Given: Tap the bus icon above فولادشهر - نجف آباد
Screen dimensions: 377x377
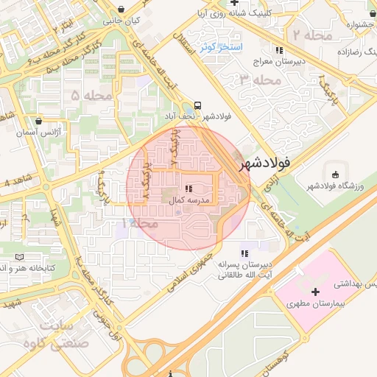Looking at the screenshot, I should pyautogui.click(x=198, y=105).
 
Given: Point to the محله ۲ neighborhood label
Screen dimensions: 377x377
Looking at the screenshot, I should pyautogui.click(x=311, y=35).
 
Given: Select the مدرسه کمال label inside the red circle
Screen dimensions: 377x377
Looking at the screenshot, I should pyautogui.click(x=191, y=200).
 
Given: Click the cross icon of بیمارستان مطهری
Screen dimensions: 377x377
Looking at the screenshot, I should pyautogui.click(x=315, y=292).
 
